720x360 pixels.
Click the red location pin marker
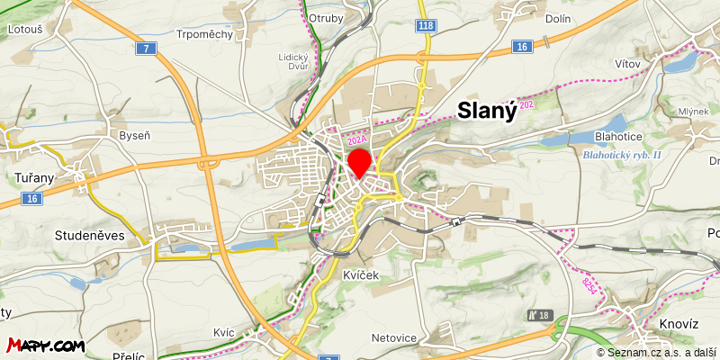click(x=359, y=163)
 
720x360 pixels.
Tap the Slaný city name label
click(x=487, y=110)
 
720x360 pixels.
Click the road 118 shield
click(x=426, y=26)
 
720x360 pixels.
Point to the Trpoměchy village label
click(x=205, y=34)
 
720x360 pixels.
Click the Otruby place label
click(x=325, y=18)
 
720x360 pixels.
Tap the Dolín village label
click(x=559, y=17)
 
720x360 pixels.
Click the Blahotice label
click(x=618, y=137)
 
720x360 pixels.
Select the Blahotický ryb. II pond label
click(x=622, y=155)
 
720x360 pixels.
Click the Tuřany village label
click(x=35, y=177)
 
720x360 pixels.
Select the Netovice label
click(x=393, y=338)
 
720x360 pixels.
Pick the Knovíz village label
click(x=678, y=323)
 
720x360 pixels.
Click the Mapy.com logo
click(x=46, y=345)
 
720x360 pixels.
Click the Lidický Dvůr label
click(x=293, y=61)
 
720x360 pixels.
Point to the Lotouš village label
click(x=25, y=30)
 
